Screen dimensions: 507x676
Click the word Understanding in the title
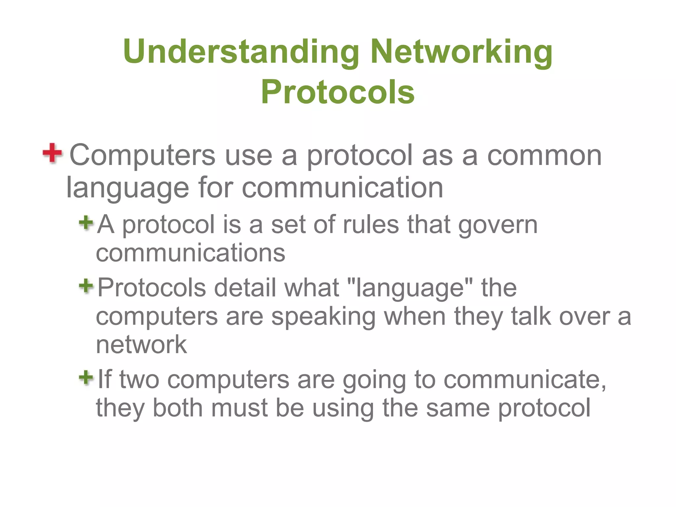241,52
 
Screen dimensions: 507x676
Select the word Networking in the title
461,53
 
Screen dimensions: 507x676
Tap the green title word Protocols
338,92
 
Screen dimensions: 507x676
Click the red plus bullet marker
52,153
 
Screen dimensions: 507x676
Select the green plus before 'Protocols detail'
86,286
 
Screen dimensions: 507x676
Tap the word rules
371,224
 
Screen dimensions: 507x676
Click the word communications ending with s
190,253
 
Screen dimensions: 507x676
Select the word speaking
323,317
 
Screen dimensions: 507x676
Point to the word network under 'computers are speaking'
141,345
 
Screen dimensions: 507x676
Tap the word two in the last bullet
139,380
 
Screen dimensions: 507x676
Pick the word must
239,408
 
